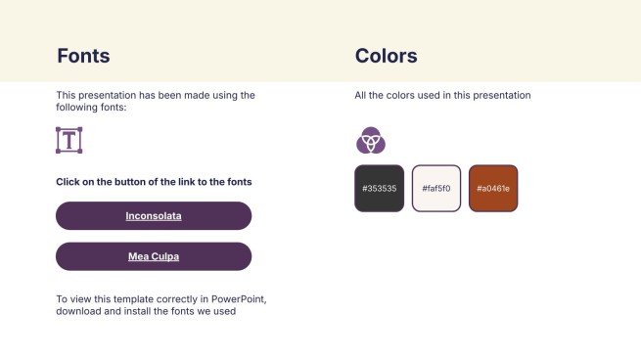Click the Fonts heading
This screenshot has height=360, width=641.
coord(83,56)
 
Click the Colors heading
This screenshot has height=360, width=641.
coord(386,56)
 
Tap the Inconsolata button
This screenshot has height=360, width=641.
coord(154,215)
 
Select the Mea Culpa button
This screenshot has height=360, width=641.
coord(154,256)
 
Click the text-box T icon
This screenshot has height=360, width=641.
coord(69,140)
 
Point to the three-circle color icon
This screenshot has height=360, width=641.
coord(370,141)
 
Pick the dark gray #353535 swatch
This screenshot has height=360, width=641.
coord(379,188)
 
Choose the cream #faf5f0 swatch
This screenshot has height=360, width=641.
coord(435,188)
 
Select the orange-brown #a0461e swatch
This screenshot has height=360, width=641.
coord(493,188)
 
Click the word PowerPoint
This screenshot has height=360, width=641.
coord(242,298)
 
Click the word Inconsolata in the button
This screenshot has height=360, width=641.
coord(154,215)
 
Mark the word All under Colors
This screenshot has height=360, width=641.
coord(360,96)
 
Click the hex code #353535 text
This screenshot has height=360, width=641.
coord(379,188)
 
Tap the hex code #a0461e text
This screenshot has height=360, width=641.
coord(493,188)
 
